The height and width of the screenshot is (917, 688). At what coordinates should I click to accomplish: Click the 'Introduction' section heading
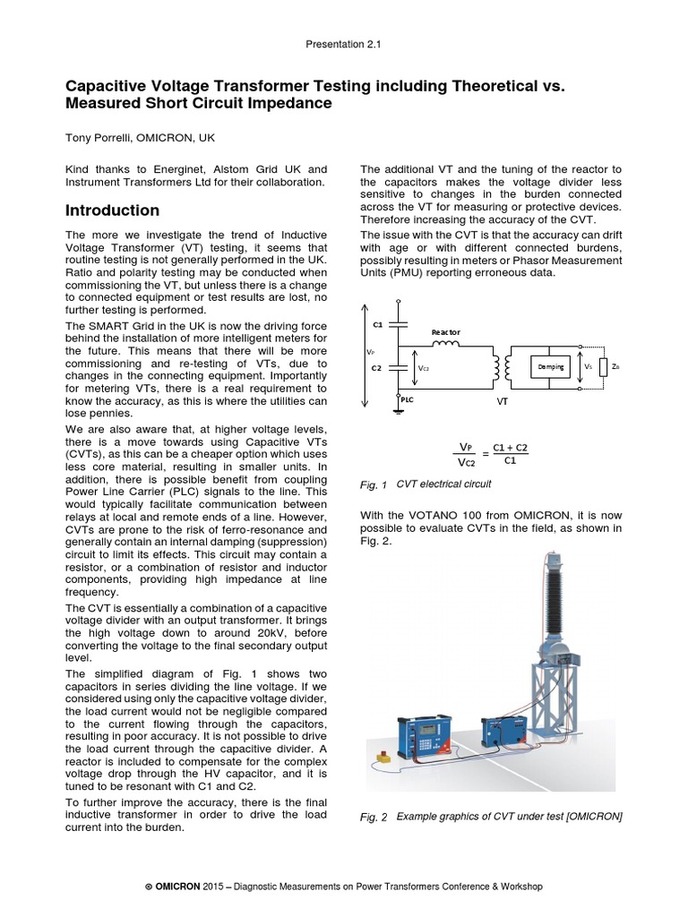tap(113, 210)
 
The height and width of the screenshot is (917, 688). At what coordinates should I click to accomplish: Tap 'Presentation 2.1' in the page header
tap(343, 42)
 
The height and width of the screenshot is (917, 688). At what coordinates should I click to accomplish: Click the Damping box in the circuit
tap(550, 367)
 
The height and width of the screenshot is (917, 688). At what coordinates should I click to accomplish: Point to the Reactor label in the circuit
tap(445, 331)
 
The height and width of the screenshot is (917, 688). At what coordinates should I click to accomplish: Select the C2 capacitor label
tap(378, 367)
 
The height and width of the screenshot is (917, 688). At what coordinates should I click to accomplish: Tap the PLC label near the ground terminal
tap(408, 402)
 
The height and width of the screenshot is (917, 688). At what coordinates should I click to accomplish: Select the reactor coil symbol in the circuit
tap(445, 343)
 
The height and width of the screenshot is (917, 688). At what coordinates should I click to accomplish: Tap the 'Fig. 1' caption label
tap(373, 485)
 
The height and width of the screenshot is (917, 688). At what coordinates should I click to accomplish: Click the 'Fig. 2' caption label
tap(373, 817)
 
